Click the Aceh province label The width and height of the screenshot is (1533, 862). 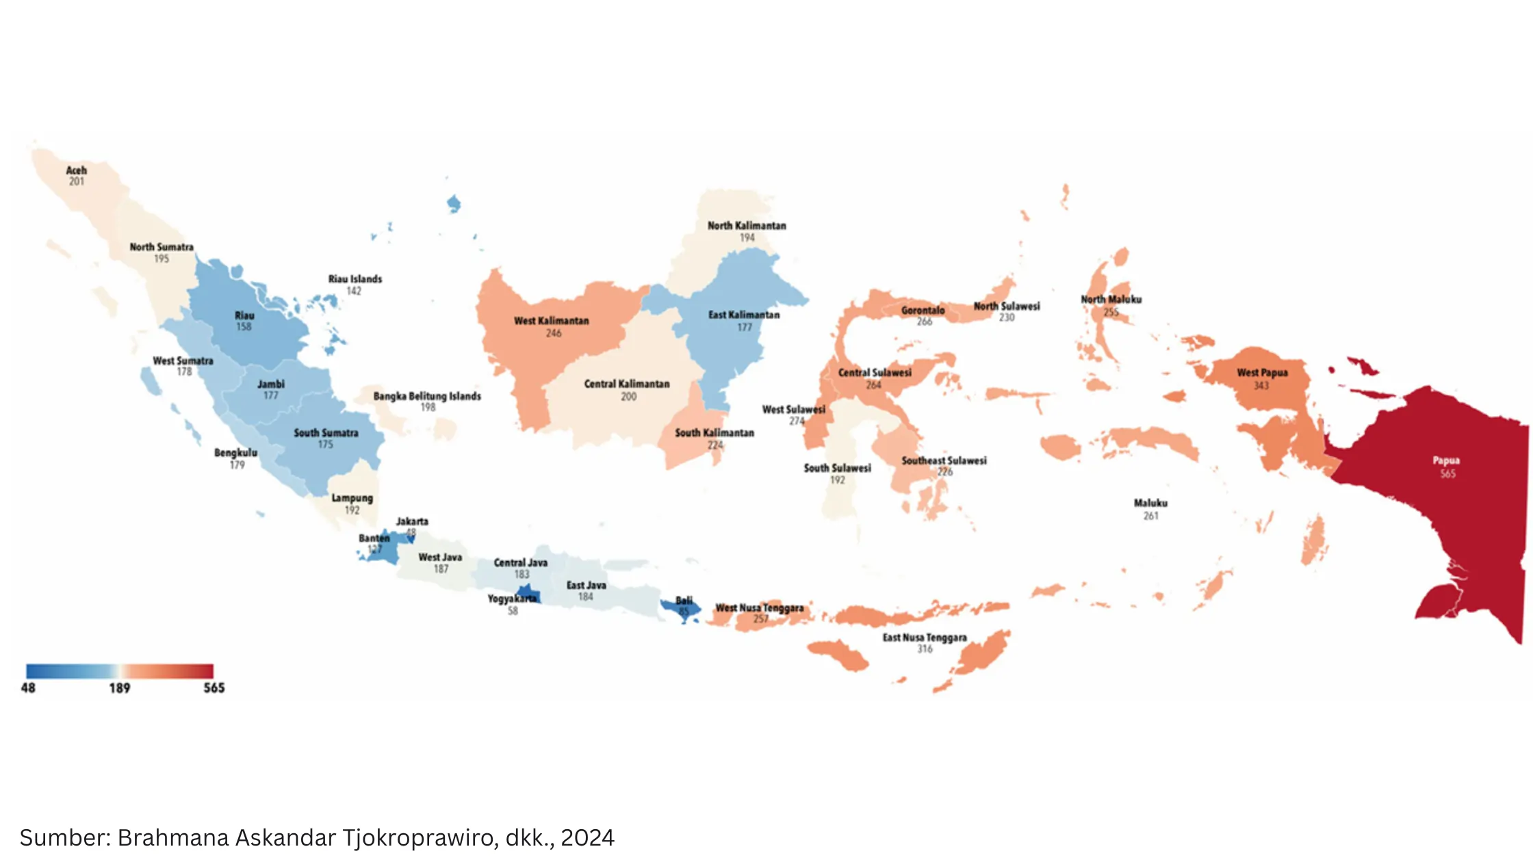click(x=76, y=170)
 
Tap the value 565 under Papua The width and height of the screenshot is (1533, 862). click(x=1447, y=473)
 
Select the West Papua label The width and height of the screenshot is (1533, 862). click(x=1262, y=373)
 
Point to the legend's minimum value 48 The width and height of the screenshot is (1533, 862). click(x=28, y=688)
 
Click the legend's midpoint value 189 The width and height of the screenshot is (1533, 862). click(x=119, y=688)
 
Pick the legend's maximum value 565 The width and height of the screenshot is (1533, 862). click(x=214, y=688)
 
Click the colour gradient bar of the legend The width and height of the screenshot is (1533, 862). click(x=119, y=670)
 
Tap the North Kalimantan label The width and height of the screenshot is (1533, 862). click(x=747, y=226)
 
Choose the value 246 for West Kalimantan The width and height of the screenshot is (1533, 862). click(x=553, y=333)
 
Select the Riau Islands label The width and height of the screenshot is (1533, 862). click(x=355, y=279)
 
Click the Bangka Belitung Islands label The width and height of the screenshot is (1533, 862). click(x=427, y=396)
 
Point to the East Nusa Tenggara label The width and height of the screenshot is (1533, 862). click(x=925, y=638)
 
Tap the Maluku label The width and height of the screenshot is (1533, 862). click(x=1150, y=503)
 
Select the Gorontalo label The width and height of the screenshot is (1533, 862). click(x=923, y=311)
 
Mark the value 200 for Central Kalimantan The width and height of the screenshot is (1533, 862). click(x=628, y=396)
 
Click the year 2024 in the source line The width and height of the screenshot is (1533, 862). click(x=587, y=837)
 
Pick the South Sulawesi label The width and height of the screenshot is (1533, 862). click(x=837, y=468)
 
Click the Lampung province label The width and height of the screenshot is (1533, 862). click(x=352, y=498)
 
